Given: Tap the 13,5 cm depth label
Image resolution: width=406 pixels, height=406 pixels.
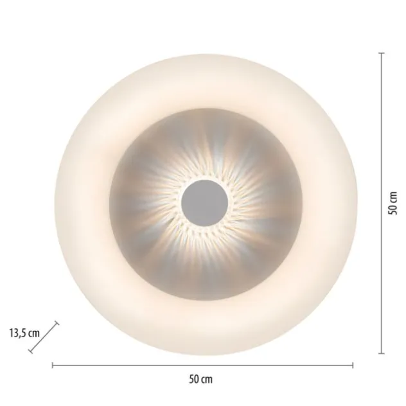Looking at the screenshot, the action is click(x=24, y=333).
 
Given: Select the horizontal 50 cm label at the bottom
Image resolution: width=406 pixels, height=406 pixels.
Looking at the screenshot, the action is click(x=200, y=379).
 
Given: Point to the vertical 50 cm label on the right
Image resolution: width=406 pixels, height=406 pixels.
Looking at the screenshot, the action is click(x=393, y=203).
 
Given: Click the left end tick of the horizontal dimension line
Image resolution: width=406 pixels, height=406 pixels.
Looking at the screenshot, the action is click(x=53, y=366).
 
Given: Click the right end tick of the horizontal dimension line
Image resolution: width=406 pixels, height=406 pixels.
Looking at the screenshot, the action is click(x=353, y=366).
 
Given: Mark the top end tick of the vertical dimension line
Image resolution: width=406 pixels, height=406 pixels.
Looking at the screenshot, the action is click(x=381, y=53).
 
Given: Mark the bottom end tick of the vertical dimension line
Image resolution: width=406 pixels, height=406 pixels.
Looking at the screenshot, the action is click(x=381, y=353).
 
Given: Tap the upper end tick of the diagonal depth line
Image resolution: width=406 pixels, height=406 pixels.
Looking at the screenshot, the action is click(x=57, y=323).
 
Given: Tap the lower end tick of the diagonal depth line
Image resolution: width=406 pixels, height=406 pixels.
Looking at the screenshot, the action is click(x=31, y=351).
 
